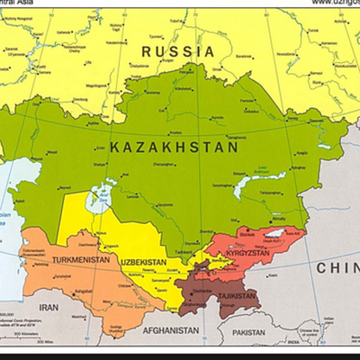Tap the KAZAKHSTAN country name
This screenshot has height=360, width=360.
[x=174, y=146]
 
